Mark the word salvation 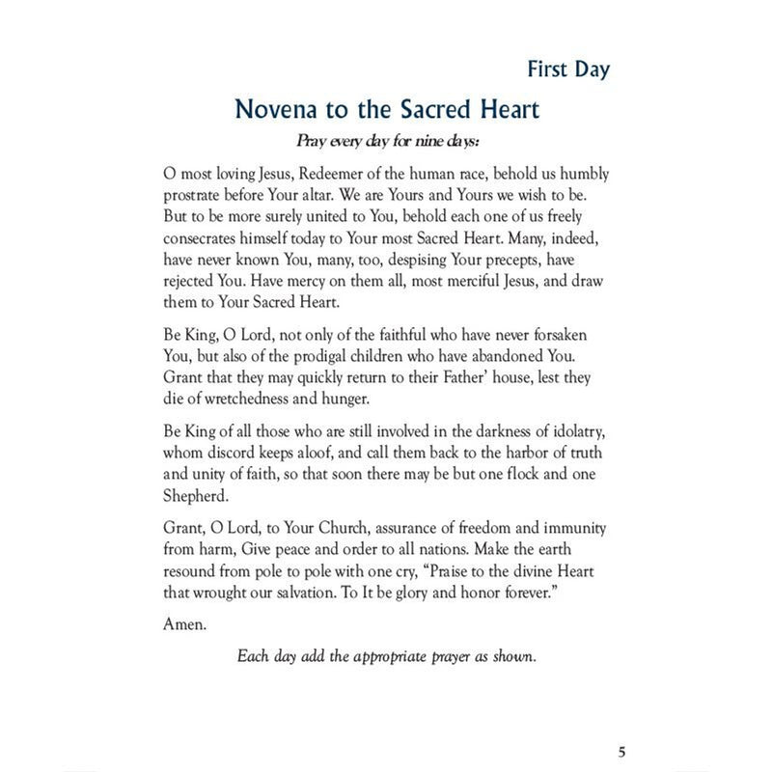coord(324,591)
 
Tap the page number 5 coord(622,753)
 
